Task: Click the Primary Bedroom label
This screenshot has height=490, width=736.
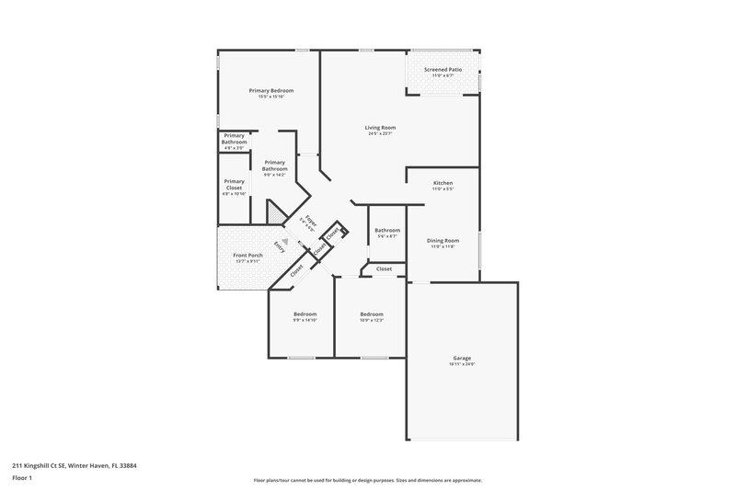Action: pyautogui.click(x=270, y=90)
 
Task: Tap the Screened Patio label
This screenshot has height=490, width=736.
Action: pyautogui.click(x=443, y=70)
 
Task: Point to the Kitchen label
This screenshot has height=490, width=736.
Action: pyautogui.click(x=443, y=183)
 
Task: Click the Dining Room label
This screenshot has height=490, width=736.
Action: pyautogui.click(x=443, y=241)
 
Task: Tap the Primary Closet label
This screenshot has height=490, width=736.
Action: pyautogui.click(x=234, y=184)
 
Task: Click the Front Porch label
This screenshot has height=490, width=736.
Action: pyautogui.click(x=247, y=255)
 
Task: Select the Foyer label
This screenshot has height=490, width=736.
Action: pyautogui.click(x=311, y=219)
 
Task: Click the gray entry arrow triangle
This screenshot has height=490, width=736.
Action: pyautogui.click(x=285, y=242)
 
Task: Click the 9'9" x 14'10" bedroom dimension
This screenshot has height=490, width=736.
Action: pyautogui.click(x=305, y=320)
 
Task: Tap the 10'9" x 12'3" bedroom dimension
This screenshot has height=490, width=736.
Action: pyautogui.click(x=371, y=320)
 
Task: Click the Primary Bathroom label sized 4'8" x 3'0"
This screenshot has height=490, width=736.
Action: pyautogui.click(x=234, y=141)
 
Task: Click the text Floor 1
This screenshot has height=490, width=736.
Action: pyautogui.click(x=22, y=478)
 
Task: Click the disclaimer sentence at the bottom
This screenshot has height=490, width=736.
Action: pyautogui.click(x=367, y=480)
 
